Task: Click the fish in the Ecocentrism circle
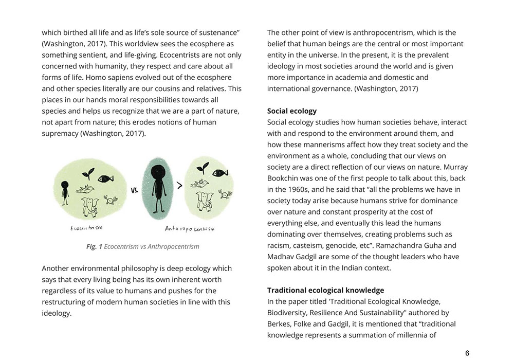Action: pyautogui.click(x=105, y=179)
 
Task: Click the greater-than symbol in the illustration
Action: pyautogui.click(x=180, y=186)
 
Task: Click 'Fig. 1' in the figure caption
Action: pyautogui.click(x=94, y=247)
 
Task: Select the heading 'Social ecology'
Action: pyautogui.click(x=292, y=111)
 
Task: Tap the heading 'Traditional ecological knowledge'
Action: pyautogui.click(x=325, y=291)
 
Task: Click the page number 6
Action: pyautogui.click(x=467, y=353)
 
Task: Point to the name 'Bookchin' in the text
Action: pyautogui.click(x=285, y=178)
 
